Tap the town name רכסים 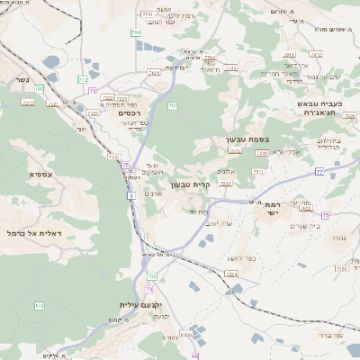(x=130, y=113)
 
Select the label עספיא (x=40, y=174)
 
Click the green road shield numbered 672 (x=39, y=306)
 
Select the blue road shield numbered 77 (x=319, y=170)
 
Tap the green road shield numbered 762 (x=172, y=105)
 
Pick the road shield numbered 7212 (x=28, y=103)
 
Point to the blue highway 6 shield (x=131, y=194)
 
